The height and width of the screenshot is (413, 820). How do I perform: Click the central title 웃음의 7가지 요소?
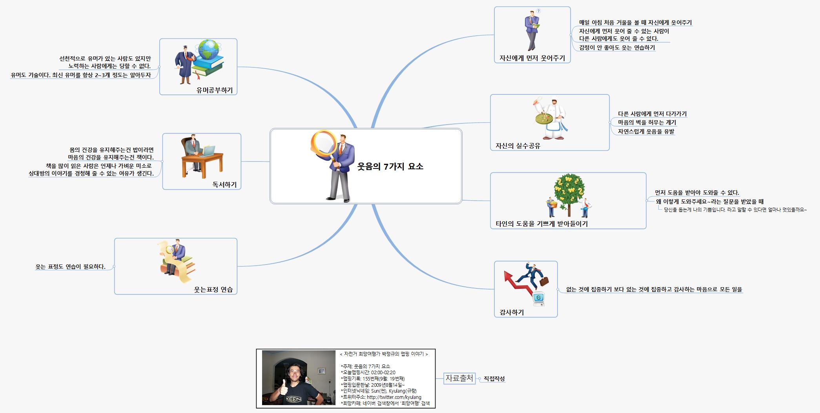coord(390,166)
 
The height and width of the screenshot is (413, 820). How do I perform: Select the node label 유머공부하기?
coord(215,90)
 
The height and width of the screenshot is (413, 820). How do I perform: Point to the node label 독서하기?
coord(224,185)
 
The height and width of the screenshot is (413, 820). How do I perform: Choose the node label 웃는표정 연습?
coord(213,290)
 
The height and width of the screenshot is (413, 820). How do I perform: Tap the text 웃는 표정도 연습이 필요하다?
coord(71,267)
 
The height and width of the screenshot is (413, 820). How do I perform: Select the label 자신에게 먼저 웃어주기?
coord(532,58)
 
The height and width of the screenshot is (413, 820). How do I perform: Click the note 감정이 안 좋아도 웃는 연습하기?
coord(617,48)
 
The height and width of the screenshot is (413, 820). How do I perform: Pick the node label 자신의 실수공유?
coord(518,146)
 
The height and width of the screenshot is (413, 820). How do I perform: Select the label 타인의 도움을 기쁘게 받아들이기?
coord(542,224)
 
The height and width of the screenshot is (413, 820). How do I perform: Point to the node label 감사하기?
coord(512,312)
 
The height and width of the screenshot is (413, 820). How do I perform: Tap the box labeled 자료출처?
coord(459,379)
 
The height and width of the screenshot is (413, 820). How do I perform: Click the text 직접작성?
coord(494,379)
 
